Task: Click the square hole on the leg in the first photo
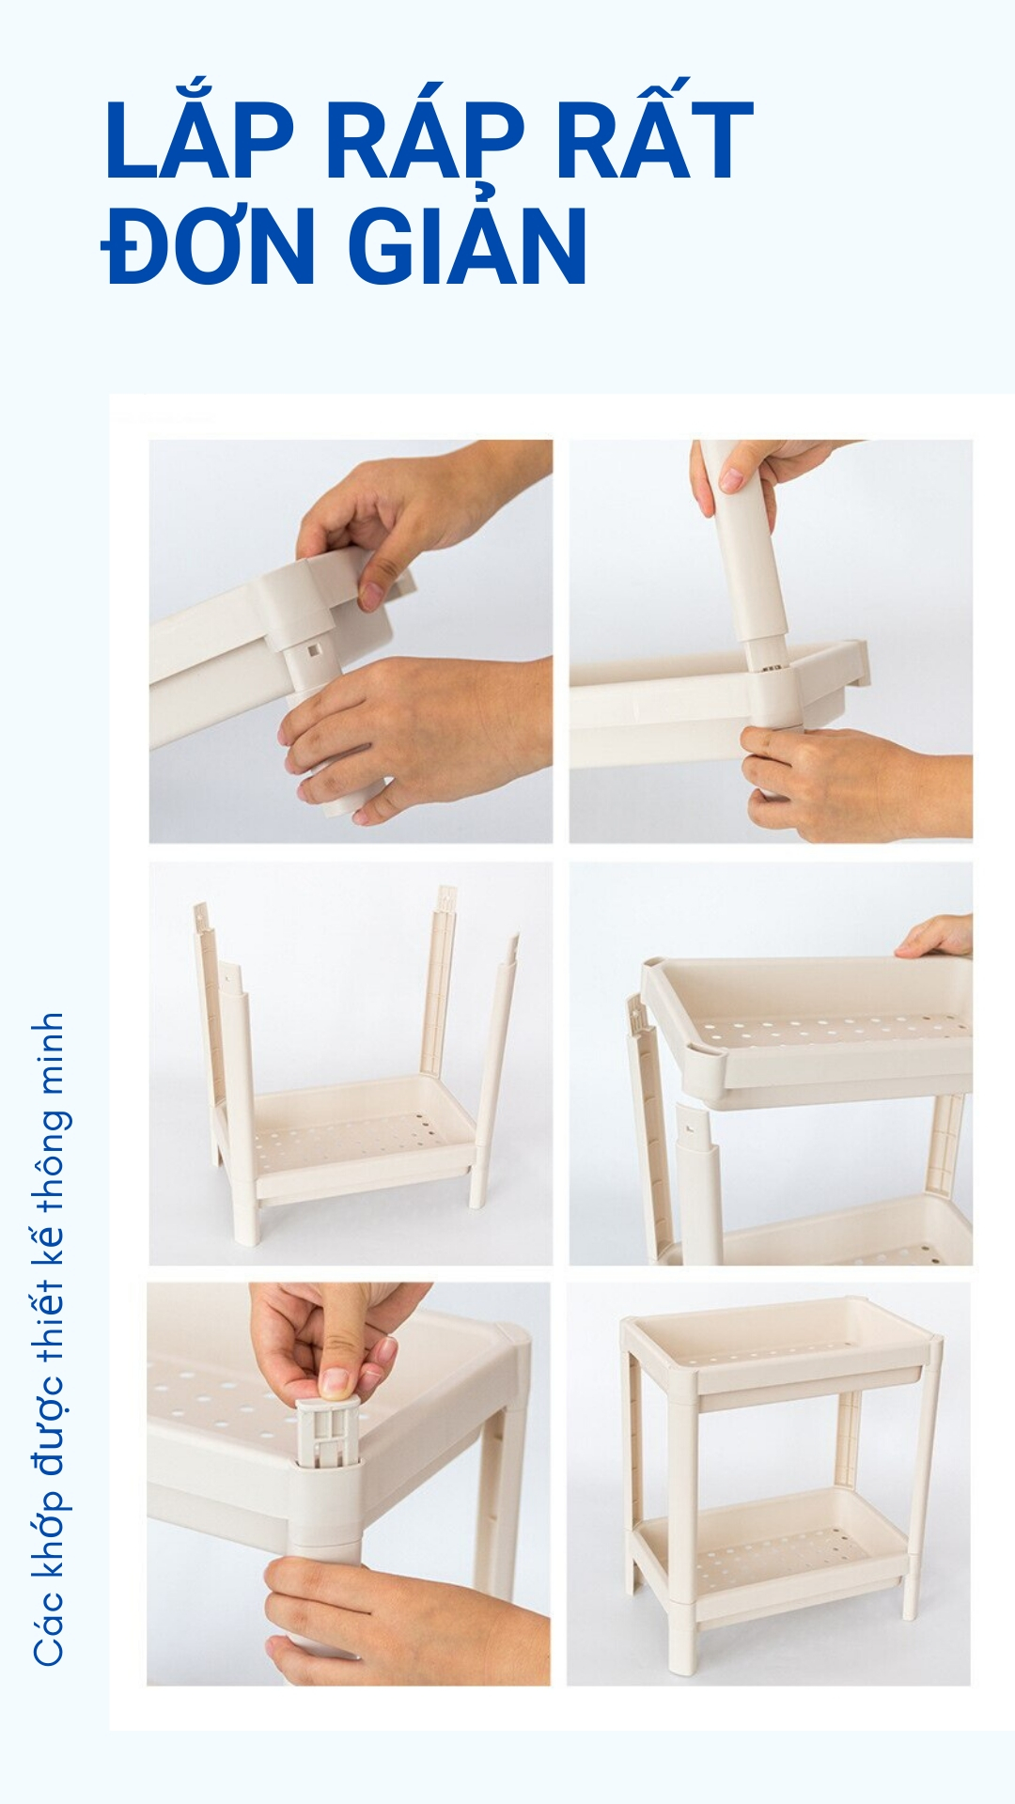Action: tap(313, 649)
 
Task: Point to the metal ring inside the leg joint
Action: tap(773, 668)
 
